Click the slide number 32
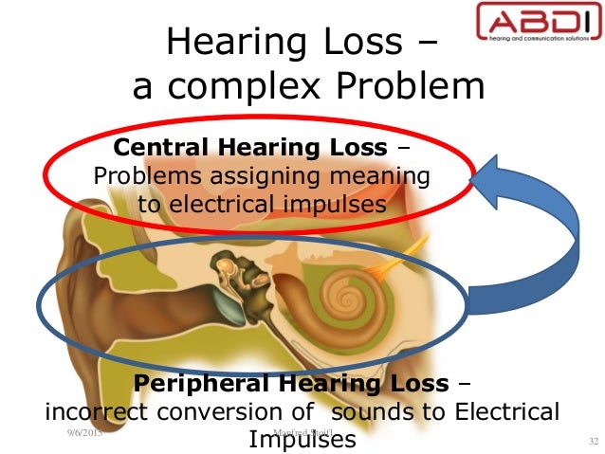click(594, 441)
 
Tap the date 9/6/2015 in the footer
click(84, 433)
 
